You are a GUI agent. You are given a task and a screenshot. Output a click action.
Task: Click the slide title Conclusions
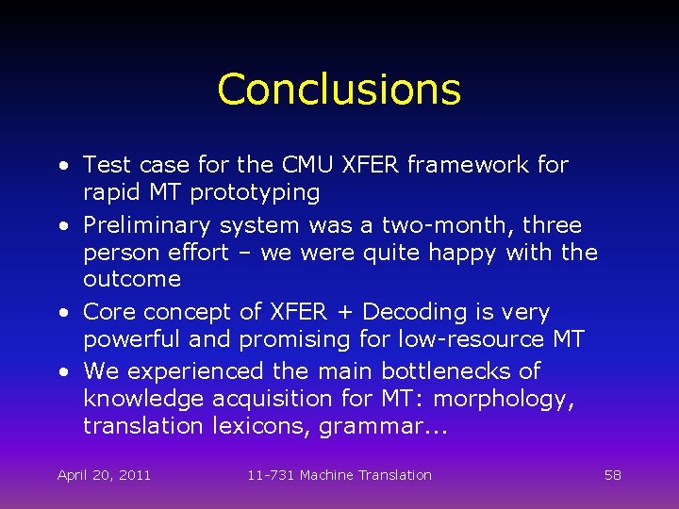click(x=339, y=90)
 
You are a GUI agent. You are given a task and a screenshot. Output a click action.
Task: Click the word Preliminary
click(x=147, y=226)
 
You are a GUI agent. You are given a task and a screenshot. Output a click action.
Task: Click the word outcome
click(x=131, y=279)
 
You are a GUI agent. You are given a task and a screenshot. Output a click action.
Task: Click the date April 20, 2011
click(x=104, y=475)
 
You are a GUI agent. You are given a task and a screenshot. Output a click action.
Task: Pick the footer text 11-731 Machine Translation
click(x=339, y=475)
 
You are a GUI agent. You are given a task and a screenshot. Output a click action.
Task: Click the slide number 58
click(x=612, y=475)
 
